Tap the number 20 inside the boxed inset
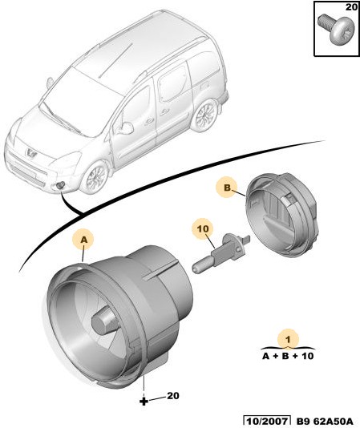(x=351, y=7)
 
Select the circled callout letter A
(x=84, y=240)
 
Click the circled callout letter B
(x=227, y=188)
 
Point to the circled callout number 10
(x=203, y=228)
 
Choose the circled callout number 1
(x=288, y=339)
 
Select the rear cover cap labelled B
(x=281, y=215)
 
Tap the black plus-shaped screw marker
(x=144, y=401)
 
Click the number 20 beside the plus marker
(x=173, y=395)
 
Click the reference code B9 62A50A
(x=325, y=421)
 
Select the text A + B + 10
(x=288, y=356)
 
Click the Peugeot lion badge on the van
(x=30, y=153)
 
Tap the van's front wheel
(x=95, y=176)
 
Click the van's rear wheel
(x=204, y=115)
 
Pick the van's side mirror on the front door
(x=125, y=127)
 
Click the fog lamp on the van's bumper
(x=61, y=185)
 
